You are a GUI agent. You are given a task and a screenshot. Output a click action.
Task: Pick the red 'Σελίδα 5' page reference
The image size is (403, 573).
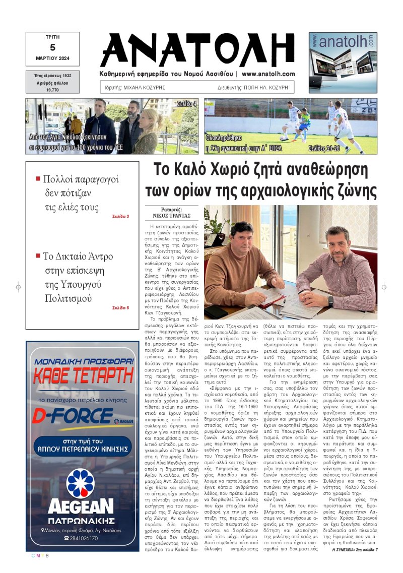120,307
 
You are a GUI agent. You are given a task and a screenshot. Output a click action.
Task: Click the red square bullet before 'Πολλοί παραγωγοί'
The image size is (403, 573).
38,179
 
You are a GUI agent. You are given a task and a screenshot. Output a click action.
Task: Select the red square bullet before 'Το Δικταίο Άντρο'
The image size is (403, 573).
38,256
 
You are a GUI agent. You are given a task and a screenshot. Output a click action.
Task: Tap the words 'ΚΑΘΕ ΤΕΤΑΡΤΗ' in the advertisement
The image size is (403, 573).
83,375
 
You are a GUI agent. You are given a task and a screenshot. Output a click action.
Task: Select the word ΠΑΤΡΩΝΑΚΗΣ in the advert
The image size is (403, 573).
81,520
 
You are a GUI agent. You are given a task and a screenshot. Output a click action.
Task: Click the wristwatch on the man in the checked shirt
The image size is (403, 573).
330,300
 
